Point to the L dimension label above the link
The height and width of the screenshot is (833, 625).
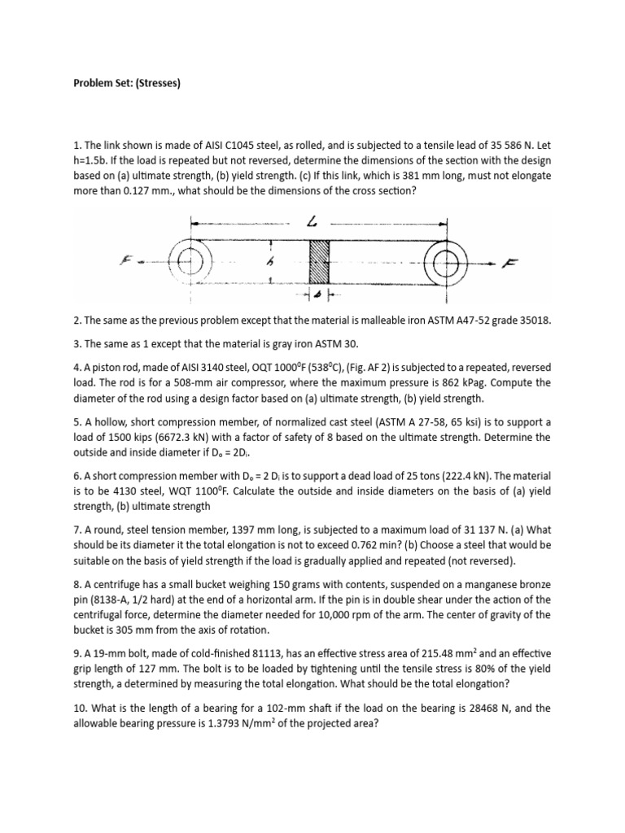(x=313, y=222)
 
